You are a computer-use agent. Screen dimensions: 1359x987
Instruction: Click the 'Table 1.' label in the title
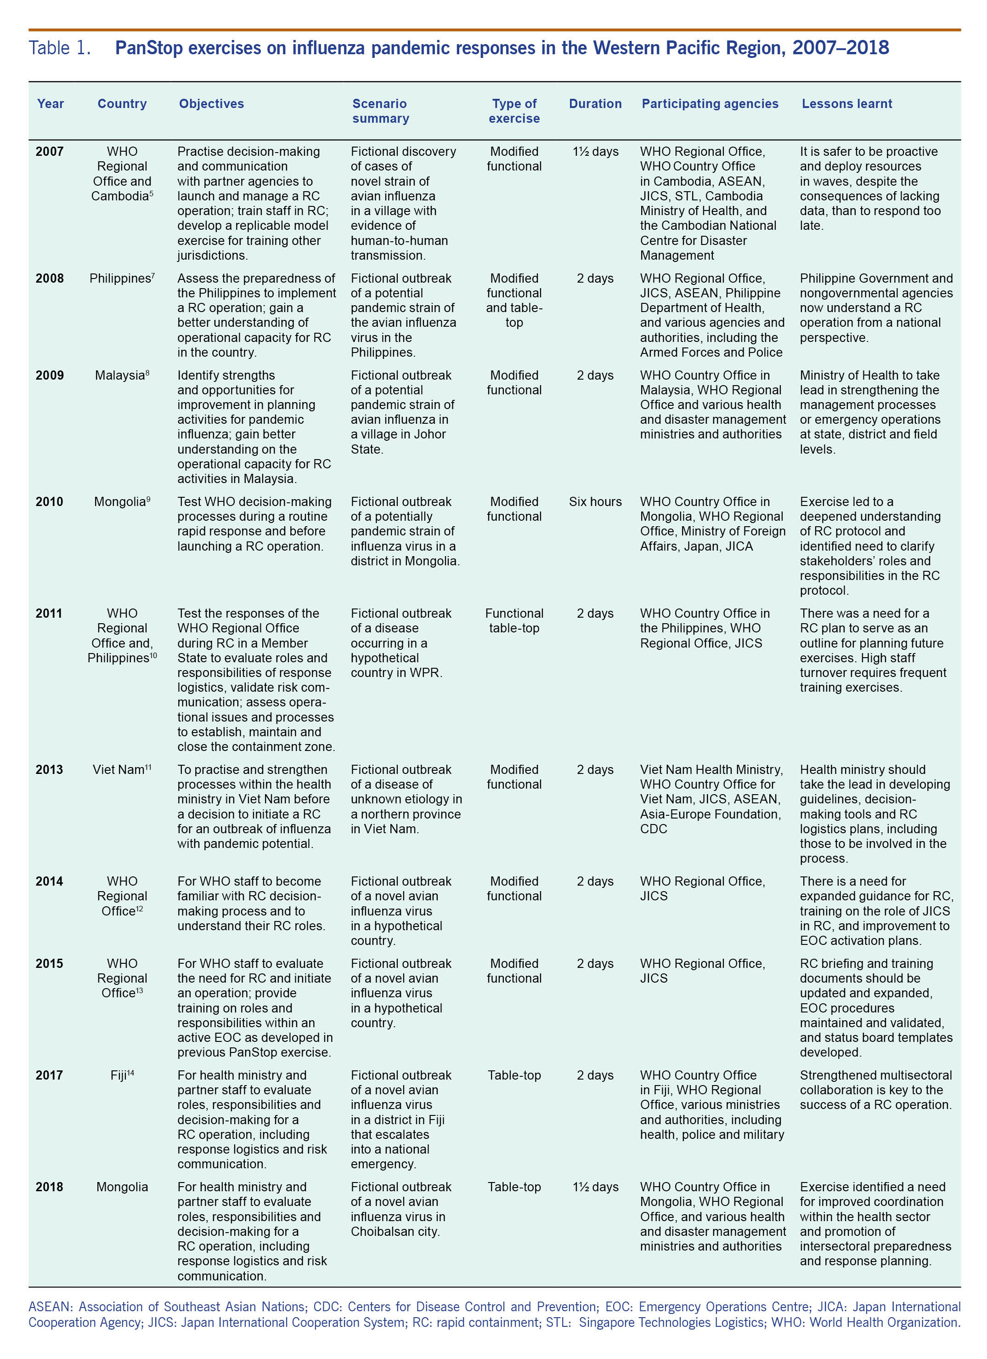pos(60,48)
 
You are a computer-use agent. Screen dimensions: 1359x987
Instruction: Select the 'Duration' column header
pos(595,104)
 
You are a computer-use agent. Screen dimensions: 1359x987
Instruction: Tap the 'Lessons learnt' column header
pos(846,104)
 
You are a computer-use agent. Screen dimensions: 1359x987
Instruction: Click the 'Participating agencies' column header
pos(710,104)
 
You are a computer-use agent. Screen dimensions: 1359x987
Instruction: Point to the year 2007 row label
pos(50,152)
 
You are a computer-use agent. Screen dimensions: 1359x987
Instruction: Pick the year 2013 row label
pos(50,769)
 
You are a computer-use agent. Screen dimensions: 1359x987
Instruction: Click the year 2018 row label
pos(50,1187)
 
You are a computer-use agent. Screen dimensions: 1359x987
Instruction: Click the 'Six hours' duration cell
pos(595,501)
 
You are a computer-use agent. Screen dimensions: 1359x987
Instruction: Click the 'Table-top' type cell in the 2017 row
pos(514,1075)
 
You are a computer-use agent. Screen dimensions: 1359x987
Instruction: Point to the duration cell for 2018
pos(595,1187)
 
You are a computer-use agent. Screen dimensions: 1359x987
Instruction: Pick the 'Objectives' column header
pos(211,104)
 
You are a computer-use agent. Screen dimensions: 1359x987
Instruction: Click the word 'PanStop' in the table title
pos(148,48)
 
